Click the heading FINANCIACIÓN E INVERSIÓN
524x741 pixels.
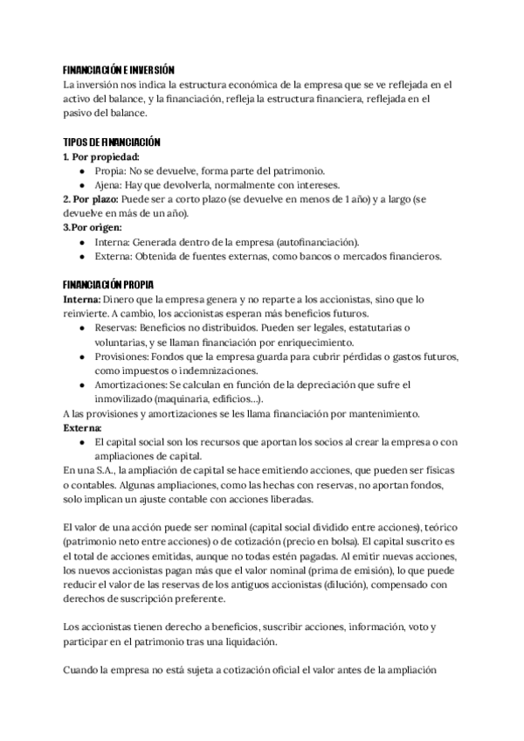pyautogui.click(x=120, y=71)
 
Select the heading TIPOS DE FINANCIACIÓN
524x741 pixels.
pyautogui.click(x=112, y=142)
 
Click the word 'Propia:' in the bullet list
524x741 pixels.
pyautogui.click(x=114, y=170)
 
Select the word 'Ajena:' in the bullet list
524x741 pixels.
pyautogui.click(x=112, y=185)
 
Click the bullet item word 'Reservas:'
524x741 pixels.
pyautogui.click(x=120, y=328)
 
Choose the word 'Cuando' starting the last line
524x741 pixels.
pyautogui.click(x=84, y=670)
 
